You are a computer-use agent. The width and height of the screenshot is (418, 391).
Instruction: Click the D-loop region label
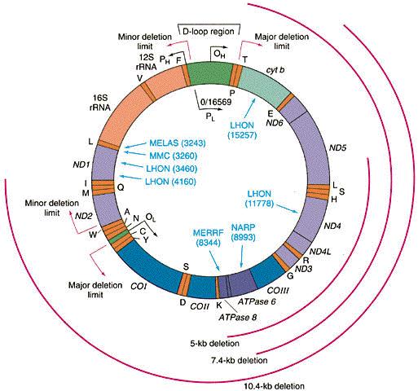tap(209, 32)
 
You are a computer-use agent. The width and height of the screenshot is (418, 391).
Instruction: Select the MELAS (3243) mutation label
tap(178, 143)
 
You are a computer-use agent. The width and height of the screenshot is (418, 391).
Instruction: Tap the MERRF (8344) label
tap(209, 237)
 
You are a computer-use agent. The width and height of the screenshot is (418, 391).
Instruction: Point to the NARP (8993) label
tap(243, 232)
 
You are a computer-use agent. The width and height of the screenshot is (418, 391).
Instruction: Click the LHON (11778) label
tap(259, 199)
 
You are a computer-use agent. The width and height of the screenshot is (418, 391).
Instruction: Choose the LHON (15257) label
tap(242, 130)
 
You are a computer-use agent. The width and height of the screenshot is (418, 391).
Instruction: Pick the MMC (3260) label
tap(174, 156)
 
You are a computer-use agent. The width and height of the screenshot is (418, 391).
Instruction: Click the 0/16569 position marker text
tap(216, 102)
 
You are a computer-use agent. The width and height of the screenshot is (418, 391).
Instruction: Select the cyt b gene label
tap(275, 70)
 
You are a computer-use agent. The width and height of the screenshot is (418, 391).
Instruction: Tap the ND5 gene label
tap(337, 147)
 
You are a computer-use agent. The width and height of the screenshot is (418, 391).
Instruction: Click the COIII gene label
tap(278, 290)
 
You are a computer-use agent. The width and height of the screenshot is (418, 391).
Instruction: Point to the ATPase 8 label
tap(238, 317)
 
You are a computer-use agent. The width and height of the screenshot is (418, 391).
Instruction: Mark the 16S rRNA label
tap(100, 103)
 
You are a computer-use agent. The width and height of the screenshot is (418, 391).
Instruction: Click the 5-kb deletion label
tap(214, 343)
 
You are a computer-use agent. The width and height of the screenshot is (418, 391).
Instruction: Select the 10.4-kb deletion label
tap(274, 386)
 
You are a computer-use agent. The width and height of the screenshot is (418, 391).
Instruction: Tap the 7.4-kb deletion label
tap(240, 360)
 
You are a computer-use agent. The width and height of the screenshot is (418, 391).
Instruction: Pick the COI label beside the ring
tap(139, 286)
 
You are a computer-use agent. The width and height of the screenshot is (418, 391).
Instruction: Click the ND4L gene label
tap(320, 252)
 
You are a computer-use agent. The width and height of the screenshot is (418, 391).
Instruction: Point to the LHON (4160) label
tap(170, 182)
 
